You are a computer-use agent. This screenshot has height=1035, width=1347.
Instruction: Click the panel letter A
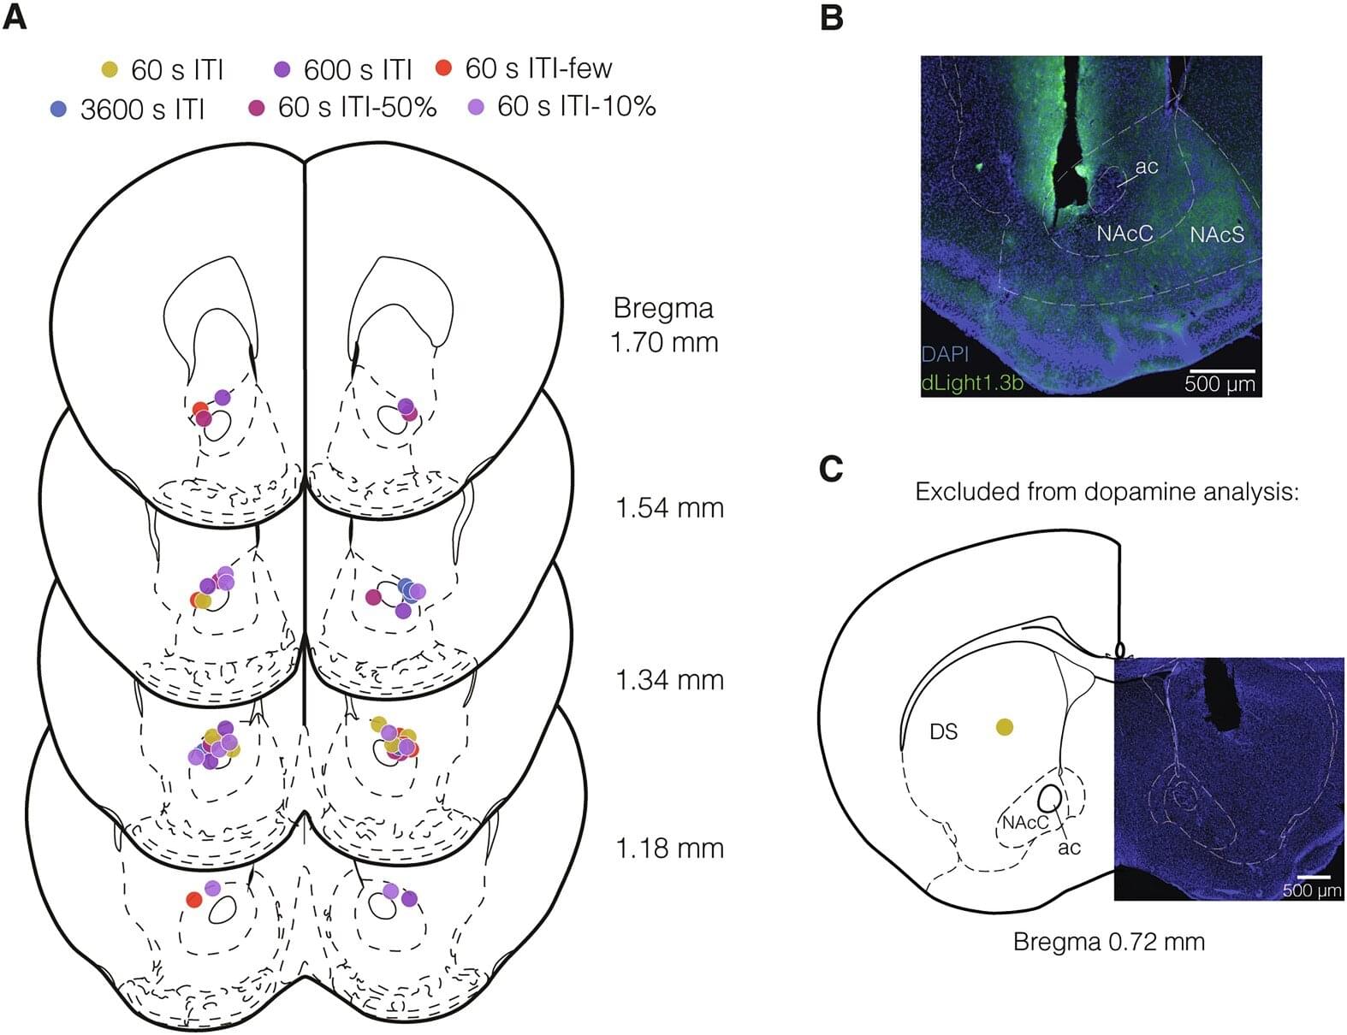tap(15, 16)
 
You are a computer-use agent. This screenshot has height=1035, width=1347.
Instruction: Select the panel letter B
tap(831, 16)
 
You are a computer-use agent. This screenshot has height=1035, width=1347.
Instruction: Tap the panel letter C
tap(831, 468)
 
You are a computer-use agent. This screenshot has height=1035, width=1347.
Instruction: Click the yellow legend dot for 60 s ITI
tap(110, 69)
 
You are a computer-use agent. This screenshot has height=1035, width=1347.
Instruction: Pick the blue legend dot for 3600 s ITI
tap(58, 109)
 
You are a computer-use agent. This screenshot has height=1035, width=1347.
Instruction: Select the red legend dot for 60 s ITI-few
tap(443, 68)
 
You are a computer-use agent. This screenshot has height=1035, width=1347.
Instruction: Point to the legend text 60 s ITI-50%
tap(357, 107)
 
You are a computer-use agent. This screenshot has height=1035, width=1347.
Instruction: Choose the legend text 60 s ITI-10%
tap(577, 106)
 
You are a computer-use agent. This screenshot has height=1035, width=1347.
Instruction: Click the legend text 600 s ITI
tap(358, 69)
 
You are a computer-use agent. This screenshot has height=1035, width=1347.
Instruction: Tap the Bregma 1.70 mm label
tap(664, 325)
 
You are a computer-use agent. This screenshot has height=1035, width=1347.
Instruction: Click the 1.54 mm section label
tap(669, 507)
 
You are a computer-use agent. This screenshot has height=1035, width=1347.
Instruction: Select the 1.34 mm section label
tap(669, 680)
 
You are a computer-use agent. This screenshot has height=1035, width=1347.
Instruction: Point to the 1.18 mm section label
tap(669, 849)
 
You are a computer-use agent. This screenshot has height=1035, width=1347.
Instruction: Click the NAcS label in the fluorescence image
tap(1217, 233)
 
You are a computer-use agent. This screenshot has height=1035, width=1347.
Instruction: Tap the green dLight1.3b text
tap(972, 382)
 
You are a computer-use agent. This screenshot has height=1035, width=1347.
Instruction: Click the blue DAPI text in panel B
tap(945, 354)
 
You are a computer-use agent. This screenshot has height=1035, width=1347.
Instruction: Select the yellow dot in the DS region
tap(1005, 727)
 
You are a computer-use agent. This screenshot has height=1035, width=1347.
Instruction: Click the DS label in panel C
tap(944, 732)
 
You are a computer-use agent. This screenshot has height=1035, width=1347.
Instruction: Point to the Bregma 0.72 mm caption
tap(1108, 942)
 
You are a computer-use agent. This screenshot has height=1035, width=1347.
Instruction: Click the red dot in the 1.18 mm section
tap(194, 899)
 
